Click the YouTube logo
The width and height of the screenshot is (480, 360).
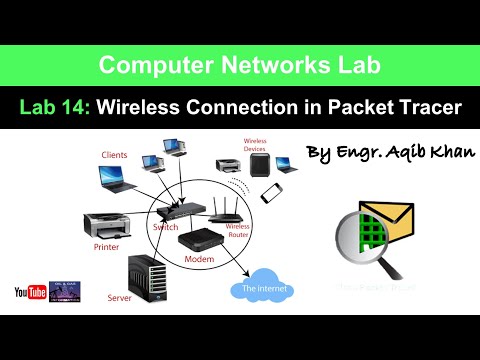(x=29, y=292)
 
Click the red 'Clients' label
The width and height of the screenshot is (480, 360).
(x=114, y=154)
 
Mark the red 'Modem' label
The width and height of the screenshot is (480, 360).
(x=199, y=259)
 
